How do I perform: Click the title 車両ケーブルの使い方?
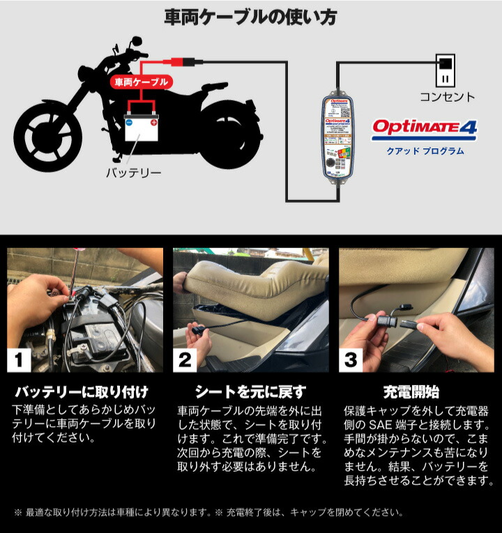(250, 17)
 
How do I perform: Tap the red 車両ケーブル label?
(141, 82)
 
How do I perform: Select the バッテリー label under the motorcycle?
(133, 172)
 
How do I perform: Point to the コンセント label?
(446, 98)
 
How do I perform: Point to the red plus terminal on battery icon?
(153, 123)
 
